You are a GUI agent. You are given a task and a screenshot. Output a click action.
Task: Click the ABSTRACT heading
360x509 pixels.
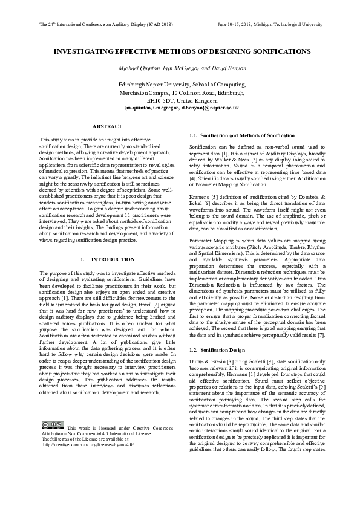[107, 126]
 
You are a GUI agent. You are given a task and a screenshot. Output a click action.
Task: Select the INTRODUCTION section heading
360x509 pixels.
[107, 259]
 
